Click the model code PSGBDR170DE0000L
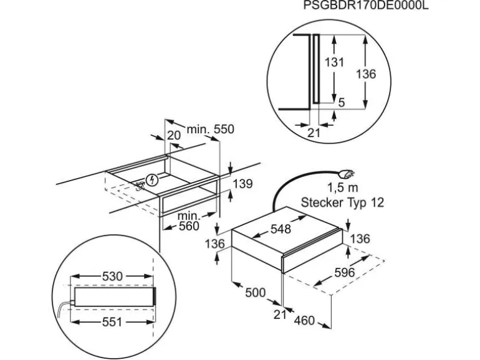pos(366,5)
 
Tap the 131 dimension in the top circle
pos(334,62)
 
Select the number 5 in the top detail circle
pos(342,103)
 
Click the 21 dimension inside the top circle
pos(314,133)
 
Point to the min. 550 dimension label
pos(210,129)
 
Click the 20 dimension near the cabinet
pos(174,135)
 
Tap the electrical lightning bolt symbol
pos(151,180)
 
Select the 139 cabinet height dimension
pos(242,184)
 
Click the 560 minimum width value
pos(189,226)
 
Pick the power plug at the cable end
pos(346,174)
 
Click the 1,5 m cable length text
pos(343,187)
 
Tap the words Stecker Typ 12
pos(342,202)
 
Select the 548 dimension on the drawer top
pos(281,229)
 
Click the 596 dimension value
pos(344,272)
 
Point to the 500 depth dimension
pos(256,293)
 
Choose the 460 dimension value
pos(304,320)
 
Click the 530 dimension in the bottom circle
pos(112,276)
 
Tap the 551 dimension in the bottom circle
pos(112,322)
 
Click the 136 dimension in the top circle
pos(365,74)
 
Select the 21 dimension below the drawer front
pos(280,314)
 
